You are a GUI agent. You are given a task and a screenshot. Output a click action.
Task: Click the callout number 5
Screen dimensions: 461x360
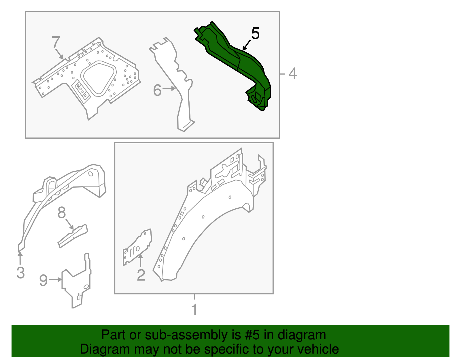[x=255, y=33]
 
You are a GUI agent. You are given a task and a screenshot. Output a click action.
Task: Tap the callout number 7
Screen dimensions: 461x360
[x=56, y=42]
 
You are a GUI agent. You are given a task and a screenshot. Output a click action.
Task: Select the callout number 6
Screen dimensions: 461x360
[x=157, y=91]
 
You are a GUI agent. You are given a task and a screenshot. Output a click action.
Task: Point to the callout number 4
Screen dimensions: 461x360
[x=292, y=73]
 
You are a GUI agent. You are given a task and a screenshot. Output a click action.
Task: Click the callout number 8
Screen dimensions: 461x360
[x=62, y=212]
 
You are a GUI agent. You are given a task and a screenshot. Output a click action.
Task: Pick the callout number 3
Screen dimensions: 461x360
[x=20, y=273]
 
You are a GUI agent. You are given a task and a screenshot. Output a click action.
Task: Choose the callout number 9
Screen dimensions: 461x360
[x=44, y=280]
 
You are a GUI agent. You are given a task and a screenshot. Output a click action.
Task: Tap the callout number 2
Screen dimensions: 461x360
[x=141, y=275]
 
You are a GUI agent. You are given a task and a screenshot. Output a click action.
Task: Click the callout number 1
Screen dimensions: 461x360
[x=194, y=310]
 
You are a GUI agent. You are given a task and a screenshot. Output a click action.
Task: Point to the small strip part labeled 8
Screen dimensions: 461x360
[x=73, y=236]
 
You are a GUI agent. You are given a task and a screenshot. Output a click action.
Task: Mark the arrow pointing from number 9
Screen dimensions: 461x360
[x=55, y=280]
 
